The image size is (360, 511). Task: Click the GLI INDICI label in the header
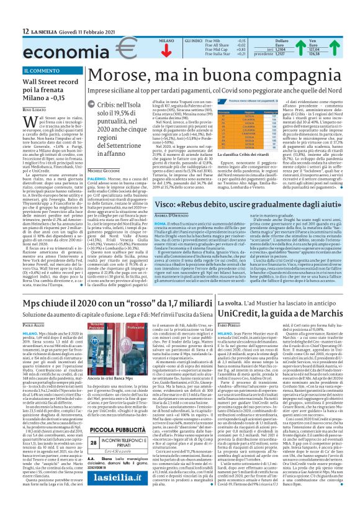193,40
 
